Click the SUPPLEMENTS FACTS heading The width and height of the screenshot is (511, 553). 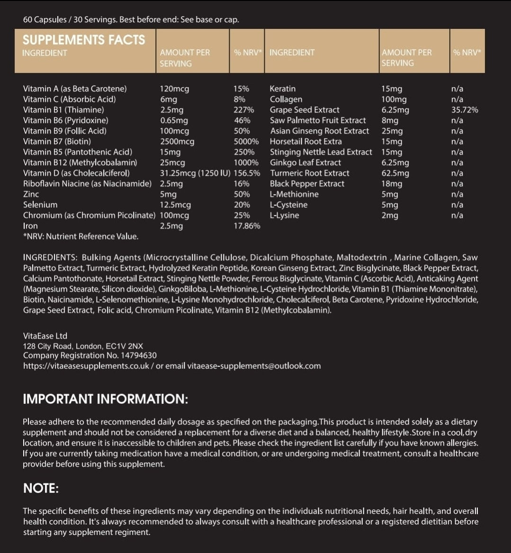click(84, 40)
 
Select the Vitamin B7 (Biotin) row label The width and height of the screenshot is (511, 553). click(57, 142)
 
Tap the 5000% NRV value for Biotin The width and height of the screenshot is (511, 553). click(246, 142)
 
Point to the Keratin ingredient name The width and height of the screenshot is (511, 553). click(282, 89)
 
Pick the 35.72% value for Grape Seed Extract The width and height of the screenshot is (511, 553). click(465, 110)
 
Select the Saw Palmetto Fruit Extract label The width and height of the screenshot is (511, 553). click(318, 120)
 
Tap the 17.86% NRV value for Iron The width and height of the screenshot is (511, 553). click(247, 226)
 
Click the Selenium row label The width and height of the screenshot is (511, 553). click(40, 205)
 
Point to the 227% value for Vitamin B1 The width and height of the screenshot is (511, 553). click(243, 110)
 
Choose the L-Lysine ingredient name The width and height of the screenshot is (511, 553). click(284, 215)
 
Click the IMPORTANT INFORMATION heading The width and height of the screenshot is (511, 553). click(105, 399)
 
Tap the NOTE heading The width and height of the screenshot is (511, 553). click(41, 489)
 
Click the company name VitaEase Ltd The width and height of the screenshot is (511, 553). click(45, 336)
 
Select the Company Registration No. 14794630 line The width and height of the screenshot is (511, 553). click(90, 356)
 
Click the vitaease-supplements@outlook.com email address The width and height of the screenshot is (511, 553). click(254, 366)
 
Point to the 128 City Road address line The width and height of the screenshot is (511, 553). click(83, 346)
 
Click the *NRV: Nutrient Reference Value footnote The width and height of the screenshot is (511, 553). click(81, 236)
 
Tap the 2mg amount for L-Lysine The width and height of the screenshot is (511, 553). click(390, 215)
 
